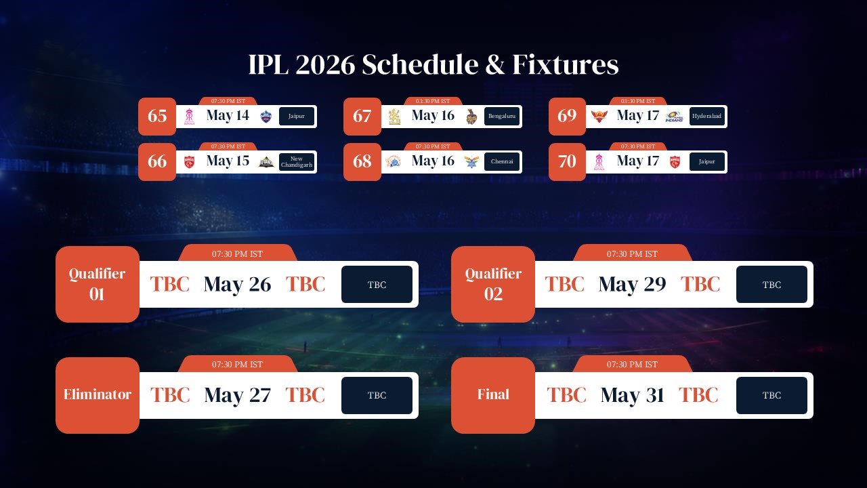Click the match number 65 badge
point(157,117)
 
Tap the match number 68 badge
point(362,162)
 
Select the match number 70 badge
point(567,162)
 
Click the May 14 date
point(228,116)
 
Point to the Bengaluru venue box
point(502,117)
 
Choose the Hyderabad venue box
point(707,117)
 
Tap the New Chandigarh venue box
point(297,162)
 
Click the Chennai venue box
point(502,162)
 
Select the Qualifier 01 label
point(98,284)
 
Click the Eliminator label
point(98,395)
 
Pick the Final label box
point(493,395)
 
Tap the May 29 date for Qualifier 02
point(632,285)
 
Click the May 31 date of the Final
point(632,396)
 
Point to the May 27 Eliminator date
point(237,396)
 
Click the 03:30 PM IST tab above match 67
point(432,101)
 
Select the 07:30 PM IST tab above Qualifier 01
point(237,254)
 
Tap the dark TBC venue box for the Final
point(771,396)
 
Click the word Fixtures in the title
point(565,65)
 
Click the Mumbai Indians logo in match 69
point(674,117)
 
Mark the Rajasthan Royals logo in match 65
point(190,117)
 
